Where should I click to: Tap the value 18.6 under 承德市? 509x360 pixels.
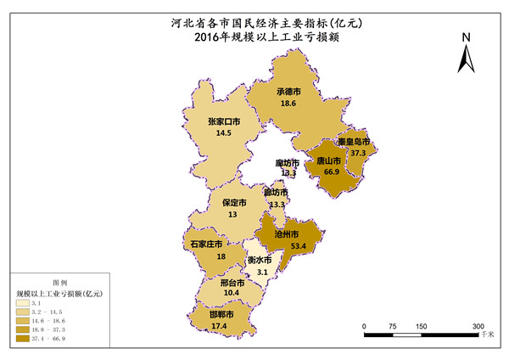[288, 104]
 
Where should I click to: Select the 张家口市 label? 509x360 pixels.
[224, 121]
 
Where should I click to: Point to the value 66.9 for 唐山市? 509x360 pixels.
[330, 172]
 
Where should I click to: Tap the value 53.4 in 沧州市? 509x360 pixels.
[299, 245]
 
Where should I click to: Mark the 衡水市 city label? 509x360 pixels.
[260, 260]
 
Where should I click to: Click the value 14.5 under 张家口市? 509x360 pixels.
[224, 133]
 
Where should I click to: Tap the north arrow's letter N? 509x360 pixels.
[466, 37]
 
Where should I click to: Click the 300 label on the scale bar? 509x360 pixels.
[478, 325]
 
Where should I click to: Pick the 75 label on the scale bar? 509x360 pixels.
[393, 325]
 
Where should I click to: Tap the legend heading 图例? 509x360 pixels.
[59, 281]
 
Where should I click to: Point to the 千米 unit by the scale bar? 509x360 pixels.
[487, 336]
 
